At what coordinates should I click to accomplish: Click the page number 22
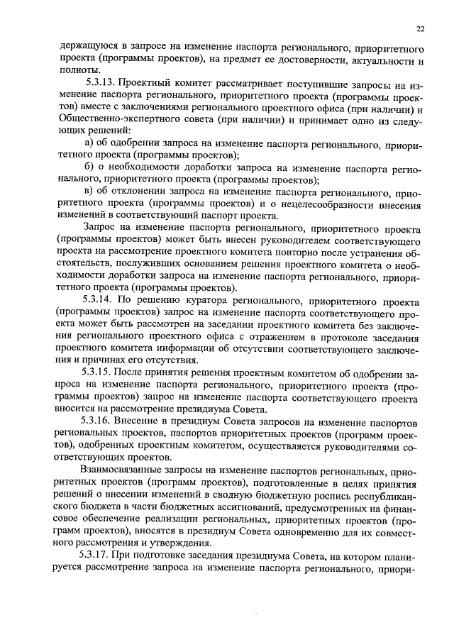pos(420,29)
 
